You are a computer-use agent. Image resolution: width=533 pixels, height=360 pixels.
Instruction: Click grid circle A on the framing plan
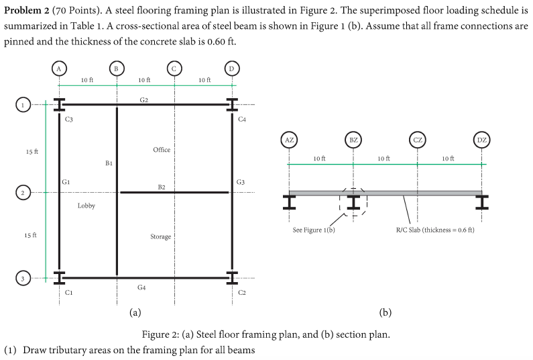pyautogui.click(x=59, y=68)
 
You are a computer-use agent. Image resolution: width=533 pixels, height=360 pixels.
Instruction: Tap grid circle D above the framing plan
pyautogui.click(x=231, y=68)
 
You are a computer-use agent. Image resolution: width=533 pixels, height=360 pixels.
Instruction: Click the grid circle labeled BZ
pyautogui.click(x=353, y=140)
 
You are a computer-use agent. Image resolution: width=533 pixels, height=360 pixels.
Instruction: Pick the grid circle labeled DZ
pyautogui.click(x=481, y=140)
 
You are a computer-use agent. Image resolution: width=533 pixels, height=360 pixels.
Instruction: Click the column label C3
pyautogui.click(x=69, y=119)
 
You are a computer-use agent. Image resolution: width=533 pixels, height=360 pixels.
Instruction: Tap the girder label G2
pyautogui.click(x=144, y=99)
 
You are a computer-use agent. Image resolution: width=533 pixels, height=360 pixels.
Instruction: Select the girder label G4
pyautogui.click(x=142, y=287)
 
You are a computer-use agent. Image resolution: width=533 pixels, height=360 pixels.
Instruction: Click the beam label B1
pyautogui.click(x=109, y=163)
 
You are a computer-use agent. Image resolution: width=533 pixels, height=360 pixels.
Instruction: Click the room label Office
pyautogui.click(x=162, y=150)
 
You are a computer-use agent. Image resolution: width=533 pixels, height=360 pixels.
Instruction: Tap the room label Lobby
pyautogui.click(x=86, y=206)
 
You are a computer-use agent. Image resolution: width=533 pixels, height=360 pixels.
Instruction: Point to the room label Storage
pyautogui.click(x=160, y=236)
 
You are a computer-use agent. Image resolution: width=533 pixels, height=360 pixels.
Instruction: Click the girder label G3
pyautogui.click(x=241, y=182)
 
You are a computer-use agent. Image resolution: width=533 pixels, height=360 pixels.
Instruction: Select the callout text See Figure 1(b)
pyautogui.click(x=314, y=230)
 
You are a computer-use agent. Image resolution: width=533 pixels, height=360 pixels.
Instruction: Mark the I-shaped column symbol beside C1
pyautogui.click(x=59, y=277)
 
